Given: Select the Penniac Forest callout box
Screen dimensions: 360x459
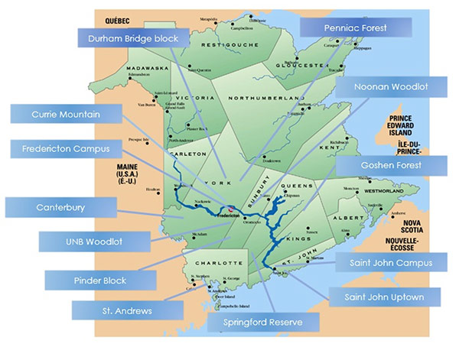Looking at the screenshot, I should coord(355,28).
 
